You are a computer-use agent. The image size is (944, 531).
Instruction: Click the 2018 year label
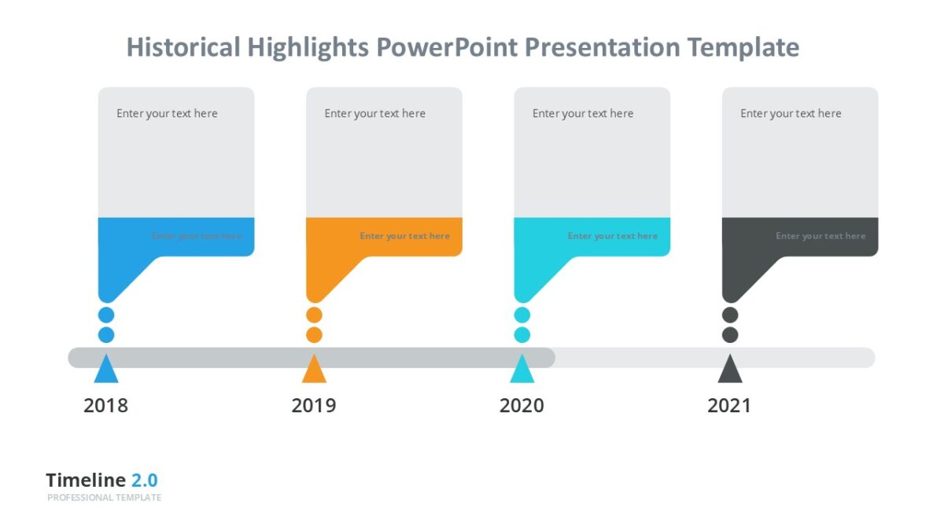tap(105, 406)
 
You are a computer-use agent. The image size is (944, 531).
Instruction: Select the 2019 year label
tap(313, 406)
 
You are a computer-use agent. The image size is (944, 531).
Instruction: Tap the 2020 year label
tap(522, 406)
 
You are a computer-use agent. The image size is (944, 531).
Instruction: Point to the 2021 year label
tap(728, 406)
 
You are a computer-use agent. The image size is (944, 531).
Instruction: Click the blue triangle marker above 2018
tap(106, 371)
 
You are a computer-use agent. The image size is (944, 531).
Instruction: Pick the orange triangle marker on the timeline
tap(314, 371)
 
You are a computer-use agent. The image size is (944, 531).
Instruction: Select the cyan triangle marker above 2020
tap(522, 371)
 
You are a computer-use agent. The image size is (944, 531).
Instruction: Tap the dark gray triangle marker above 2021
tap(730, 371)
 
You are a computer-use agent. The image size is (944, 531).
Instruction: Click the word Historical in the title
tap(183, 47)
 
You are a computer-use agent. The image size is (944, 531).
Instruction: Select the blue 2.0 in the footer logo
tap(144, 481)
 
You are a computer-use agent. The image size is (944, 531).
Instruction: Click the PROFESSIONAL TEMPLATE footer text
tap(104, 498)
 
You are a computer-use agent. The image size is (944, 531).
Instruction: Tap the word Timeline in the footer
tap(86, 481)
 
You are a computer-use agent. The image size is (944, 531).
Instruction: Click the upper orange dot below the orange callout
tap(314, 315)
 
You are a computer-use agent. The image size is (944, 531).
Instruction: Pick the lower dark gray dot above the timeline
tap(730, 335)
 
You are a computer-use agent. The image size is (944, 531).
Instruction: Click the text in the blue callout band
tap(197, 236)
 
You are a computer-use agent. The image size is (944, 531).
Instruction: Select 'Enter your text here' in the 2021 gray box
tap(791, 113)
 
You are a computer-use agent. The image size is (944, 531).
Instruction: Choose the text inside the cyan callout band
tap(612, 236)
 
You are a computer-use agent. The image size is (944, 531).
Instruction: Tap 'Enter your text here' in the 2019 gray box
tap(374, 113)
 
